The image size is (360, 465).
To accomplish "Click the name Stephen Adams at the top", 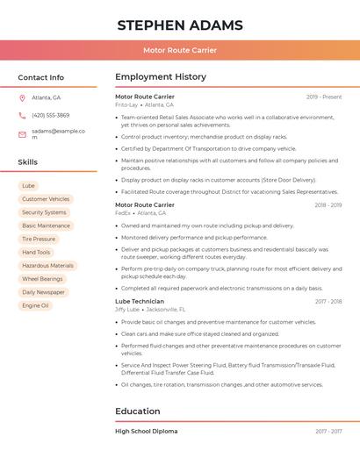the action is tap(180, 25).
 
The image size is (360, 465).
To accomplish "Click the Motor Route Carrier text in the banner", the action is tap(180, 50).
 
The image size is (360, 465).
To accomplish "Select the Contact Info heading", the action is tap(41, 77).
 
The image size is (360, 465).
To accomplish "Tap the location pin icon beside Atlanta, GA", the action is tap(22, 97).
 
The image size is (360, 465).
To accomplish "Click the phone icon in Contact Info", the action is tap(22, 115).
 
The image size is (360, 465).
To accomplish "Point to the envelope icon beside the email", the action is tap(22, 134).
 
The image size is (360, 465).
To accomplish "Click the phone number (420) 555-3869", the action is tap(50, 115).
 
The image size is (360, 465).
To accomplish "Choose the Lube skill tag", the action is tap(28, 186).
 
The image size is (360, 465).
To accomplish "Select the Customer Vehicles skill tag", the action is tap(46, 199).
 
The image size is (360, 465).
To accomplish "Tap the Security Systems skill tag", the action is tap(44, 212).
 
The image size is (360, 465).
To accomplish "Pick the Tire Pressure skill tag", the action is tap(39, 239).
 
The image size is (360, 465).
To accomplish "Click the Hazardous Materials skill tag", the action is tap(47, 265).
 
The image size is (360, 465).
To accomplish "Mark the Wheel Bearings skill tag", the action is tap(42, 279).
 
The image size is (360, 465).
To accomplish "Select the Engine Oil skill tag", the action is tap(35, 305).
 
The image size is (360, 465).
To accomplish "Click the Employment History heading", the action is tap(161, 77).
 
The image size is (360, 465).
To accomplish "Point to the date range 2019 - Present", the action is tap(324, 97).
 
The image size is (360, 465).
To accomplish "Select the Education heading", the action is tap(138, 411).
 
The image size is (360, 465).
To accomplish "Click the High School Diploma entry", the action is tap(147, 431).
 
